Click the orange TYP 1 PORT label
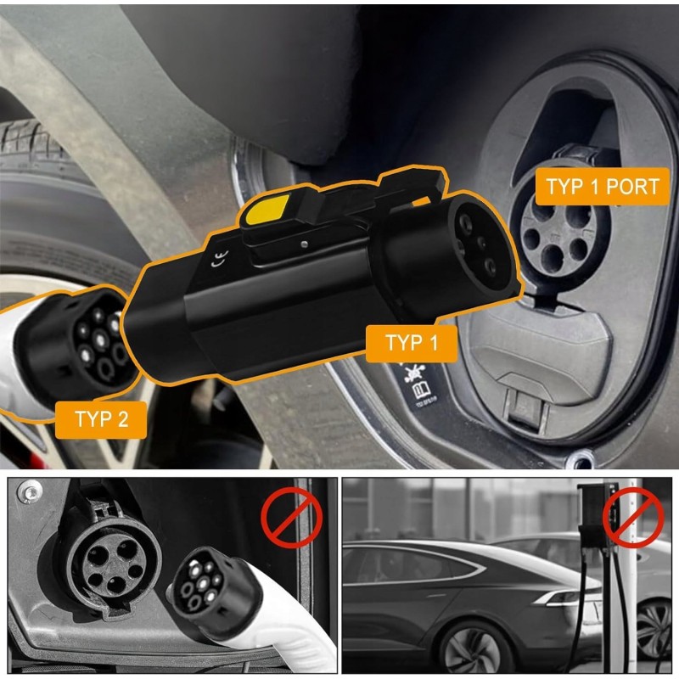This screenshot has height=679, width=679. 603,186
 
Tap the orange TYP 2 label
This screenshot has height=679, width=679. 101,419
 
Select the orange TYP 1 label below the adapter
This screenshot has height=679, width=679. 412,343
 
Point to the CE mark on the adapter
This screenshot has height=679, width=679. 219,259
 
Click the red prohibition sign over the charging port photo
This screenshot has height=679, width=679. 291,518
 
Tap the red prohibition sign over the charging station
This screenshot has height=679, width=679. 633,518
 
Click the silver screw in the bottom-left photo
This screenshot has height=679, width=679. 30,492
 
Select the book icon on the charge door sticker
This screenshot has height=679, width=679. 421,390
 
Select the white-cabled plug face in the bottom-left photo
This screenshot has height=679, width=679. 200,581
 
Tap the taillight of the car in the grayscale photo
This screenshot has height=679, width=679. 562,598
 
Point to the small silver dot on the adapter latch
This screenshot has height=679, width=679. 305,244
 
